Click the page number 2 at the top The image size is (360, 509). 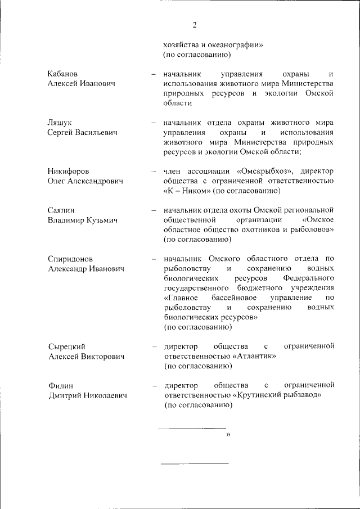(x=195, y=25)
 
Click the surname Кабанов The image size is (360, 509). (x=63, y=74)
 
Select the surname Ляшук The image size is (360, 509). (x=60, y=122)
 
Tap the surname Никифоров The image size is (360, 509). (x=69, y=171)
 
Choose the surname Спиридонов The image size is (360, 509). (x=72, y=259)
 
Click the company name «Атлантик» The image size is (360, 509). (x=254, y=357)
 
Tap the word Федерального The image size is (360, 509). (x=309, y=278)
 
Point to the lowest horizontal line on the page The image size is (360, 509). (x=195, y=463)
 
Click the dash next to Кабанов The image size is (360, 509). (x=153, y=74)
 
